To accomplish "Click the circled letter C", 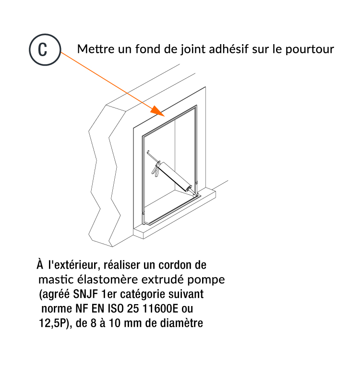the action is pyautogui.click(x=45, y=49).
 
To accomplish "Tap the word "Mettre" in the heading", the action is pyautogui.click(x=96, y=49).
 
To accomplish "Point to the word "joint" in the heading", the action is pyautogui.click(x=193, y=50).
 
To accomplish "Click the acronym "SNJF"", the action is pyautogui.click(x=85, y=294).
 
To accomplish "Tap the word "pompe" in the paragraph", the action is pyautogui.click(x=206, y=280).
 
